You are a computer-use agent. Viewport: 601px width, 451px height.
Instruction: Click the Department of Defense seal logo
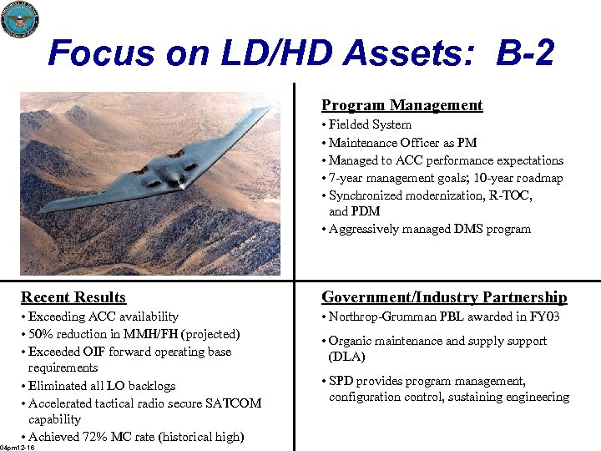click(19, 19)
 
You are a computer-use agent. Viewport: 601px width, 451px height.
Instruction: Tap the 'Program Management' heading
click(402, 105)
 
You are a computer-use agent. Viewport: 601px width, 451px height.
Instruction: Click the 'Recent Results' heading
click(73, 297)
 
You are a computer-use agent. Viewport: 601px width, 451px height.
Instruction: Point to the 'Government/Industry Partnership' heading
click(444, 297)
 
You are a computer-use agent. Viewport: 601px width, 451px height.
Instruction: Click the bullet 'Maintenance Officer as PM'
click(402, 143)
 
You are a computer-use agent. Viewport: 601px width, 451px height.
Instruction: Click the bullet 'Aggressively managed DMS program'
click(429, 229)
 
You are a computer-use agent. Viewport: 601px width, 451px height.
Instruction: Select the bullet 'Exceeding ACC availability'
click(103, 317)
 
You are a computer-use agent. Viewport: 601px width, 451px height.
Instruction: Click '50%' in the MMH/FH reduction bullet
click(42, 334)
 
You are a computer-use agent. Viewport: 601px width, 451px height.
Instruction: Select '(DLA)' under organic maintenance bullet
click(347, 357)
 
